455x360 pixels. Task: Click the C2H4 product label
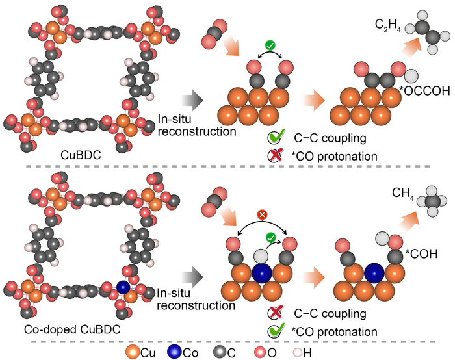tap(387, 26)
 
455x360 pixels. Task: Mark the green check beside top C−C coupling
tap(275, 138)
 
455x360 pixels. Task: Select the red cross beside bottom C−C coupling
tap(274, 315)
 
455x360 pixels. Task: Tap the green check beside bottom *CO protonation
tap(274, 332)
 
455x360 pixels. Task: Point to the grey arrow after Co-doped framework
tap(189, 275)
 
